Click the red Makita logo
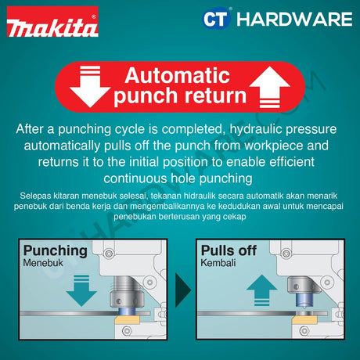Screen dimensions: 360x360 [x=52, y=22]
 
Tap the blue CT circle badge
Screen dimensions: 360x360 [x=216, y=19]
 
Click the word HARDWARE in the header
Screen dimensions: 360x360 [x=294, y=19]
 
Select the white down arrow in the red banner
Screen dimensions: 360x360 [x=90, y=87]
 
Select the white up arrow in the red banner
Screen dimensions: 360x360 [x=269, y=87]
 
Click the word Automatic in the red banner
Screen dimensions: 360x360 [x=177, y=76]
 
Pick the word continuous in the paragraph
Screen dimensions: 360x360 [x=135, y=178]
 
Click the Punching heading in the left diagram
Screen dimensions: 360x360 [x=56, y=251]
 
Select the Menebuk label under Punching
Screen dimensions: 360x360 [x=43, y=263]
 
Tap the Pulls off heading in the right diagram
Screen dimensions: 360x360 [x=229, y=250]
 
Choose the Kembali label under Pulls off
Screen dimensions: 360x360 [x=218, y=263]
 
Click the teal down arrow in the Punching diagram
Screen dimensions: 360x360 [x=81, y=290]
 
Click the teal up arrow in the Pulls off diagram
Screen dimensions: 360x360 [x=261, y=290]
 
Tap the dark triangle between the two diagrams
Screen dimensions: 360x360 [x=183, y=290]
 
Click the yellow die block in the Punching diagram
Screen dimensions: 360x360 [x=127, y=319]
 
